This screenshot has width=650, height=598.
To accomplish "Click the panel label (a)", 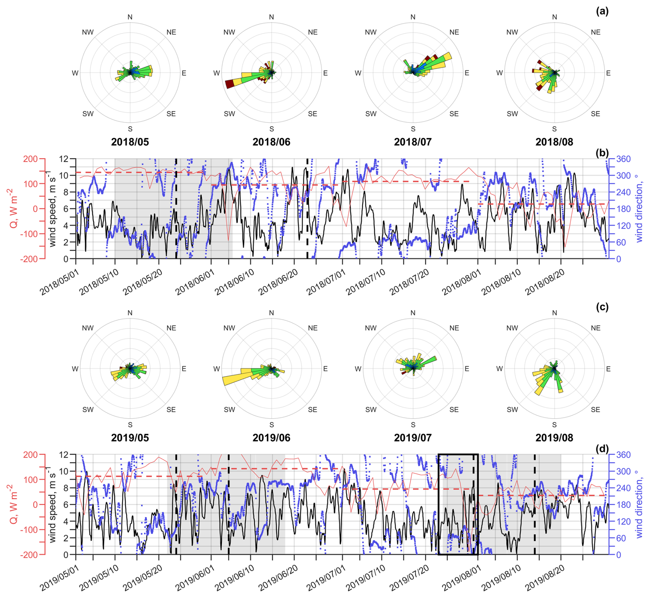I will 602,11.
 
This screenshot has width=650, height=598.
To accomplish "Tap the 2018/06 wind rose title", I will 271,142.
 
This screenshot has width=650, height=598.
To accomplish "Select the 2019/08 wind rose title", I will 554,438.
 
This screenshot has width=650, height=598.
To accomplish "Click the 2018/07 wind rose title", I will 413,142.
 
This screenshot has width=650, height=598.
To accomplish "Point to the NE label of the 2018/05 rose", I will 171,32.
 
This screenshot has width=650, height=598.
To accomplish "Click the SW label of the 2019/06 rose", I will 229,410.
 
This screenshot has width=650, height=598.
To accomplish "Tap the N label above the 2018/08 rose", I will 554,17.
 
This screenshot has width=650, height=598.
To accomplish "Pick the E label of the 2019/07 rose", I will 467,369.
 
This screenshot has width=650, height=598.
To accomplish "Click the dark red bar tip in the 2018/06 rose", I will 229,84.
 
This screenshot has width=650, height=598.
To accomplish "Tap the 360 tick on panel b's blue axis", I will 623,159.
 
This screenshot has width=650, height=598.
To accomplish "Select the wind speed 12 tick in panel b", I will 64,159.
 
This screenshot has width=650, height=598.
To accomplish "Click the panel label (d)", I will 602,449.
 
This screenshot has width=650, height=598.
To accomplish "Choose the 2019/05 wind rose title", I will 130,438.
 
